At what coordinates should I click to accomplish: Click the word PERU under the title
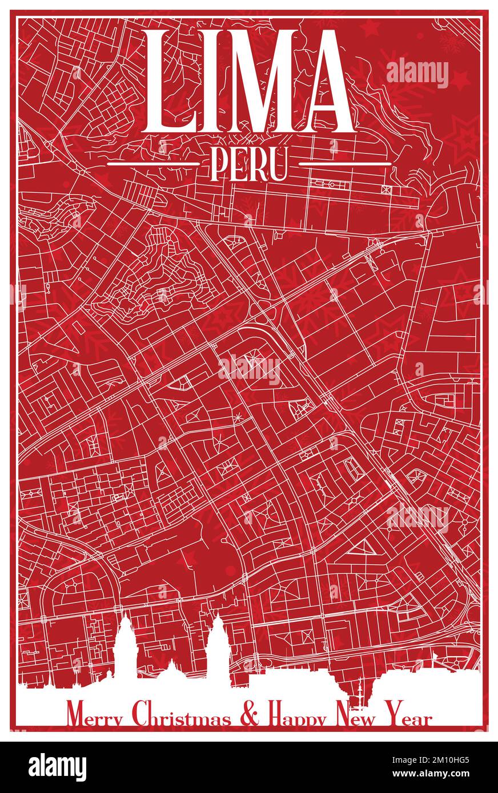[248, 164]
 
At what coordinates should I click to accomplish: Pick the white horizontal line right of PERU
[345, 164]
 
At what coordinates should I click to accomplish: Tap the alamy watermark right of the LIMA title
[417, 72]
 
